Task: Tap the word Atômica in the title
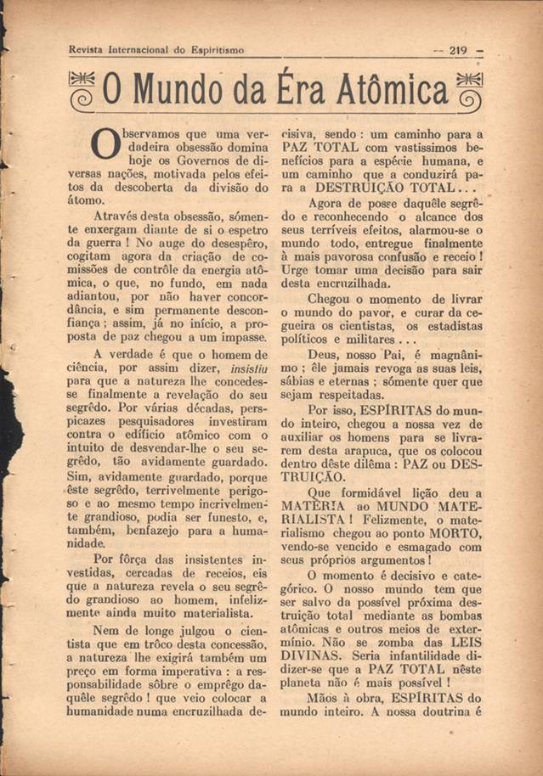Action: point(386,91)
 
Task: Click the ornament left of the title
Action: point(83,90)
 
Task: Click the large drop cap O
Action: point(104,146)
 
